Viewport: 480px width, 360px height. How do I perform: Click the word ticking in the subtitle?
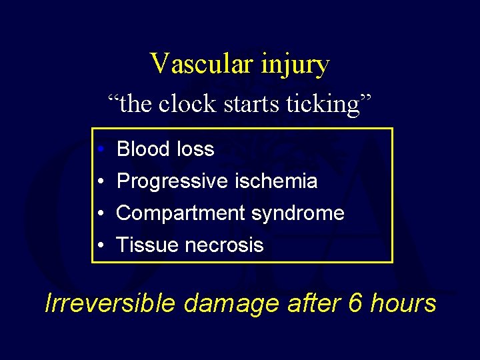[324, 105]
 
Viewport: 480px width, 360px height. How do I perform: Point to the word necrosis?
[224, 245]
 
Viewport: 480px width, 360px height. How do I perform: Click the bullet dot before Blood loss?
[98, 149]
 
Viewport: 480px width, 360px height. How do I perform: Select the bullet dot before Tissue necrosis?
[98, 246]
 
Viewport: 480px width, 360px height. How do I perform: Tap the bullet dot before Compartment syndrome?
[98, 214]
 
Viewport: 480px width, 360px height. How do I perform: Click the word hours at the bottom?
[404, 303]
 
